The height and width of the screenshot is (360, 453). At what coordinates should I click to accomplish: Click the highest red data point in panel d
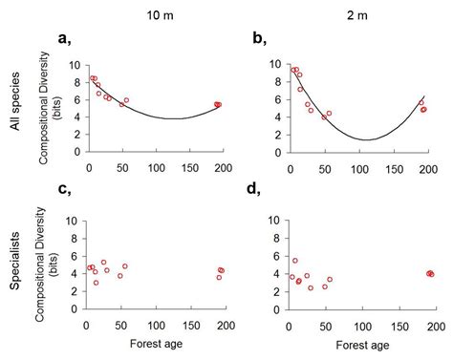point(295,261)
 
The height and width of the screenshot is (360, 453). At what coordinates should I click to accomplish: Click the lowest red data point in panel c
point(96,283)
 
